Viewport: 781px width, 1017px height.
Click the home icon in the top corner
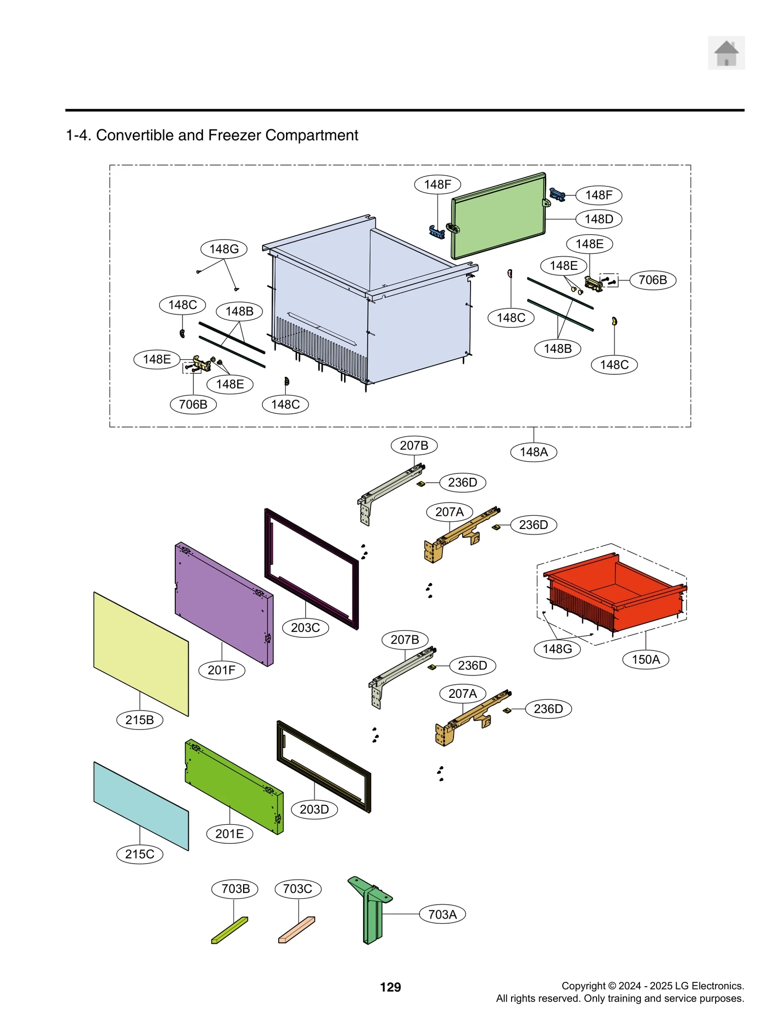pyautogui.click(x=726, y=53)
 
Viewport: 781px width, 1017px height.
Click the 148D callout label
pyautogui.click(x=598, y=219)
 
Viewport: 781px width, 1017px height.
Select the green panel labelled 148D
pyautogui.click(x=498, y=216)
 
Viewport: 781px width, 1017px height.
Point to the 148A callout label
pyautogui.click(x=533, y=451)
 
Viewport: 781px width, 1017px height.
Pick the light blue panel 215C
pyautogui.click(x=141, y=805)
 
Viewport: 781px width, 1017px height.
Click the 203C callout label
pyautogui.click(x=305, y=627)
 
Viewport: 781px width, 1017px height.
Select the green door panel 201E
pyautogui.click(x=234, y=786)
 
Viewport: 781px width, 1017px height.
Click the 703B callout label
pyautogui.click(x=235, y=888)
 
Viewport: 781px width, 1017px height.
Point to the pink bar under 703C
pyautogui.click(x=296, y=929)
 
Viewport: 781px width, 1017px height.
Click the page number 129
pyautogui.click(x=390, y=987)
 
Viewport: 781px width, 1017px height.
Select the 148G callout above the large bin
pyautogui.click(x=224, y=249)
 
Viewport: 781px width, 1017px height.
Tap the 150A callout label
pyautogui.click(x=645, y=659)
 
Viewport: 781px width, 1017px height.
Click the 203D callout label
pyautogui.click(x=314, y=809)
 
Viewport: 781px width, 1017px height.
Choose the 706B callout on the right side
pyautogui.click(x=652, y=280)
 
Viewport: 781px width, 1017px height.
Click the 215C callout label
pyautogui.click(x=140, y=854)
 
